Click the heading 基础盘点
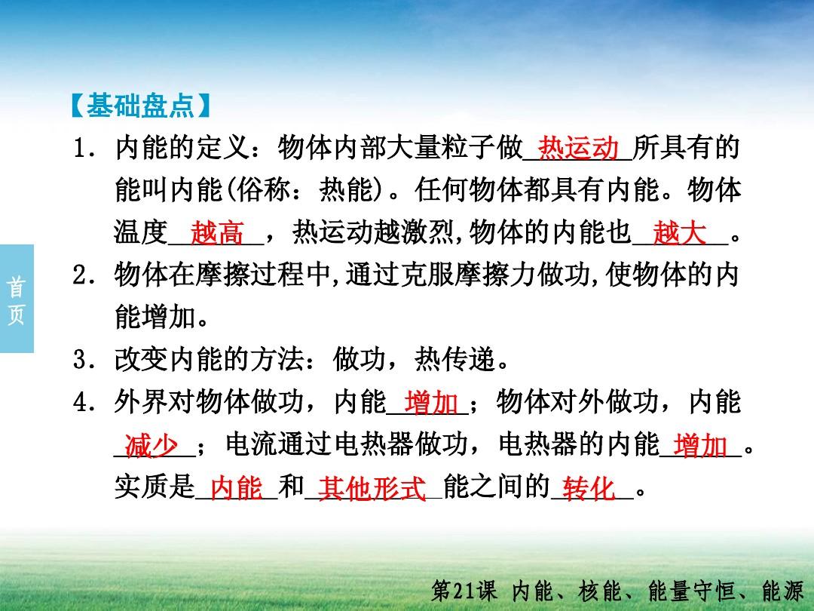click(140, 106)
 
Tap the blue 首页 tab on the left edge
click(17, 299)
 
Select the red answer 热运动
click(578, 148)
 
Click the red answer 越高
click(217, 232)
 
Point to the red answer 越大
click(680, 232)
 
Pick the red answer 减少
click(151, 445)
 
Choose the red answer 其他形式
click(372, 488)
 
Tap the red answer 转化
click(589, 488)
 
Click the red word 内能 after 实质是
click(237, 488)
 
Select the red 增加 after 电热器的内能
click(700, 445)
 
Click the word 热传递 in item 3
click(454, 360)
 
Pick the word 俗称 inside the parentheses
click(263, 189)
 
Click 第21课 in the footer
click(464, 591)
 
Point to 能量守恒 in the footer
click(691, 591)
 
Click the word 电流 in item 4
click(252, 445)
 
